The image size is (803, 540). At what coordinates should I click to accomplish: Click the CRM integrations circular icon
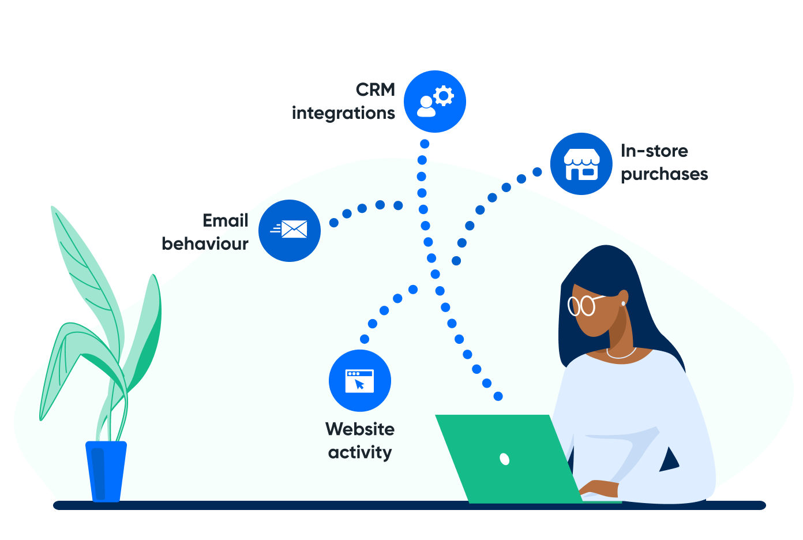434,102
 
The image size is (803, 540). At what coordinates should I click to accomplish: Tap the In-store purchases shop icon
581,164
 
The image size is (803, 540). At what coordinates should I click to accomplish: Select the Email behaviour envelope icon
290,230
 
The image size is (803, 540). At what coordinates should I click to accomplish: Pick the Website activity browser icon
360,381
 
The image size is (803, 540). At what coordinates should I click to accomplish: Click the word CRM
376,89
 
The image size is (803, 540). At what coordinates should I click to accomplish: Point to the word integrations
343,113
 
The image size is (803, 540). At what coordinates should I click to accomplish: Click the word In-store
654,151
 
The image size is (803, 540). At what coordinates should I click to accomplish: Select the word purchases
664,174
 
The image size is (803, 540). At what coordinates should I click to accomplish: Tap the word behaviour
205,244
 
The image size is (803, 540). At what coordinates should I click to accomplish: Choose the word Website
360,429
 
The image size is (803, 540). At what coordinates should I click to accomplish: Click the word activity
360,452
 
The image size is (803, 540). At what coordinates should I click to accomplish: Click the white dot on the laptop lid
504,459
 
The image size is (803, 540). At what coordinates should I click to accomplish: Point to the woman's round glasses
582,305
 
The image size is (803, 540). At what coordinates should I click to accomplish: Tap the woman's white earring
623,303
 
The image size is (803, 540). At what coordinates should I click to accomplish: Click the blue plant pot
106,471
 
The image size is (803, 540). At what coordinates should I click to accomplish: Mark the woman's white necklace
621,354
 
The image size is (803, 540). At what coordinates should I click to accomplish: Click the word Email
226,220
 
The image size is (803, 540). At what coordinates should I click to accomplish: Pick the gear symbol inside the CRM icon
444,96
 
